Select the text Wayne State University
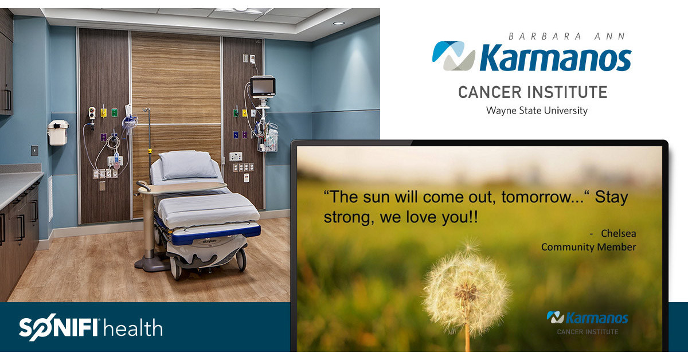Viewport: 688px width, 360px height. click(x=537, y=110)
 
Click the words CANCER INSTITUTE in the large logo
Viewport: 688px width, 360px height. click(x=533, y=92)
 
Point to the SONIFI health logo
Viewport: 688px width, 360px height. click(x=91, y=328)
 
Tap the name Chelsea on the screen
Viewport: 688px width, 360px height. click(x=618, y=233)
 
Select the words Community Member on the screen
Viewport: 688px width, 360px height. click(x=588, y=247)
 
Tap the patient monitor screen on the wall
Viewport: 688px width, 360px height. click(x=263, y=87)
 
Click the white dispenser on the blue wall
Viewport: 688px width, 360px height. click(x=58, y=132)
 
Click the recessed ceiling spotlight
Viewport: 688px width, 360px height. click(x=338, y=23)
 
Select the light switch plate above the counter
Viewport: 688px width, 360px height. click(x=34, y=150)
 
